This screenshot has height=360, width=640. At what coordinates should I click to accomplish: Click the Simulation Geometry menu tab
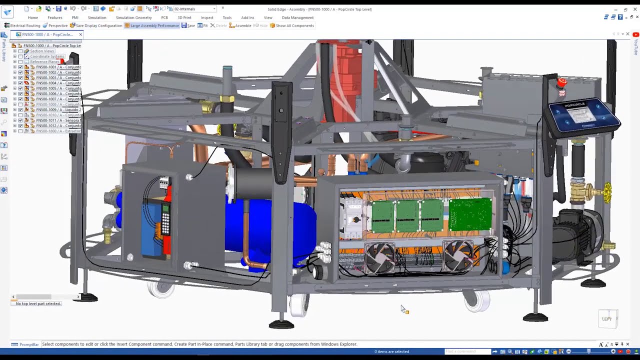133,17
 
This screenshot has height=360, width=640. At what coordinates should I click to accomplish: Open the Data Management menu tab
297,17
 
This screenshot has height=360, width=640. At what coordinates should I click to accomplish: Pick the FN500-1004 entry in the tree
58,83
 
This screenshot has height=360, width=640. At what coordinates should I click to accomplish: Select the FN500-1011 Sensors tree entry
58,120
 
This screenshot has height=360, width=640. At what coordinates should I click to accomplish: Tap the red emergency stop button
562,82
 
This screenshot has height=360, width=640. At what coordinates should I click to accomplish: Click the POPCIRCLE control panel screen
580,114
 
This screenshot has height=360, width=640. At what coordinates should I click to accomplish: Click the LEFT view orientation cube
607,319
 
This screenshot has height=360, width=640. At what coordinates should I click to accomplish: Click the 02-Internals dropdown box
194,9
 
